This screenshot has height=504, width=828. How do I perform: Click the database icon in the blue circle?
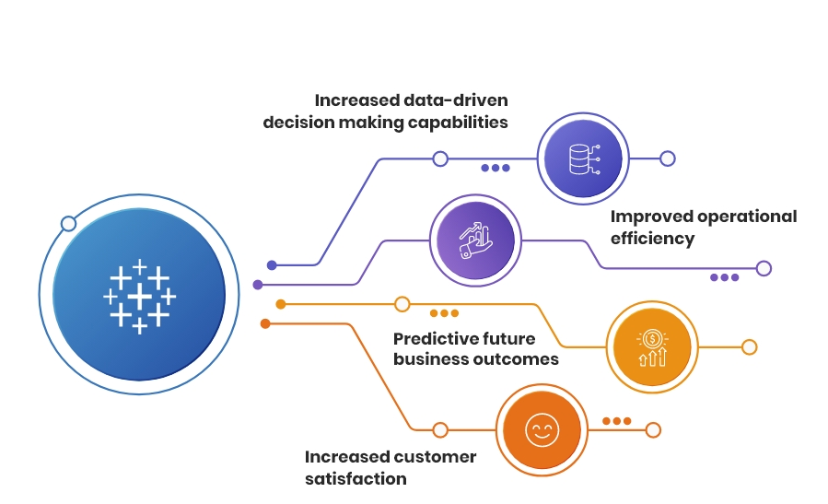point(584,159)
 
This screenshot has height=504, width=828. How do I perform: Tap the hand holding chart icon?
point(476,240)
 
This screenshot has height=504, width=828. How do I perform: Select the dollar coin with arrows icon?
point(652,347)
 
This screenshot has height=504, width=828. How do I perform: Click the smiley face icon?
point(542,430)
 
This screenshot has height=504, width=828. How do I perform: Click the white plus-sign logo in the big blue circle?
point(139,297)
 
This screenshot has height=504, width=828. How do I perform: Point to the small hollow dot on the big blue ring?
point(68,224)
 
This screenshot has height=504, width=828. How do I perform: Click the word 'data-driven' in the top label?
point(456,100)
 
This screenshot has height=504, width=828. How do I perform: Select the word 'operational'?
point(747,217)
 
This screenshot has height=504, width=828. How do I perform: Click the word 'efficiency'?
point(653,239)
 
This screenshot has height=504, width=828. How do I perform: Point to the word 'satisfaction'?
point(356,478)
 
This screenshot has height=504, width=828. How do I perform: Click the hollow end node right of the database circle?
point(668,158)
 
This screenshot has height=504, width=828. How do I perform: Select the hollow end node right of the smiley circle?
point(653,430)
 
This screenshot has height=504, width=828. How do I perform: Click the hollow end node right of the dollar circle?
point(750,347)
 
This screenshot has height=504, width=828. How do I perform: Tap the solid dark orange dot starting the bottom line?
point(265,323)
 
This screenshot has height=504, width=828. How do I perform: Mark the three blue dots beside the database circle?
point(496,168)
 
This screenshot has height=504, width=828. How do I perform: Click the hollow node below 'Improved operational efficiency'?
point(764,268)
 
